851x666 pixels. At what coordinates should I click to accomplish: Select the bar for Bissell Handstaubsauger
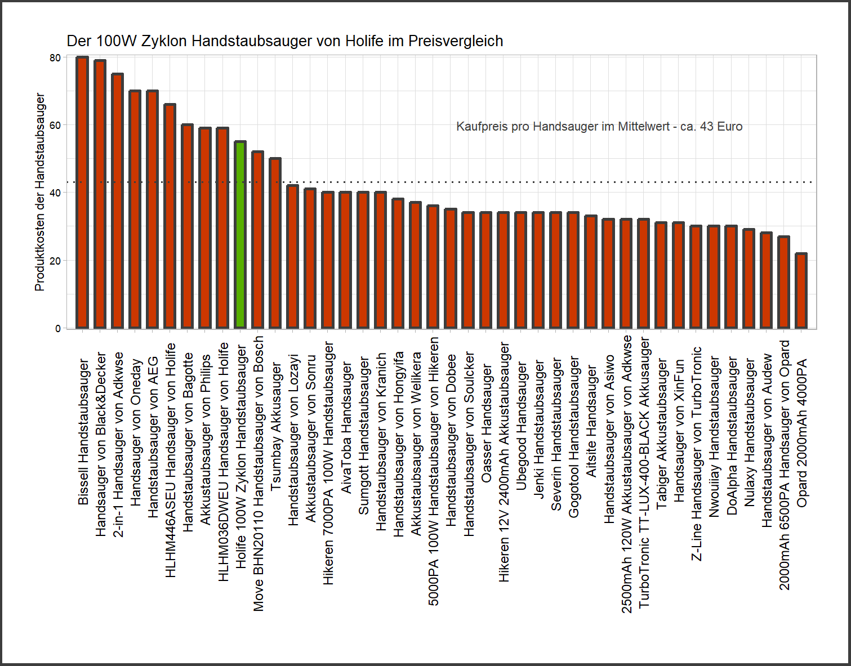[x=82, y=192]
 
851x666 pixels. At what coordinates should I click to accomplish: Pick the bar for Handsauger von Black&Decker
[x=100, y=194]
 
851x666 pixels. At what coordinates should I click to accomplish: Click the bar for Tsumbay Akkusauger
[x=275, y=243]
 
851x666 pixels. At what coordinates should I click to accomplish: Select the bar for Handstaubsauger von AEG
[x=152, y=209]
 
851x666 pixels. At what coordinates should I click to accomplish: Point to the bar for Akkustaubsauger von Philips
[x=205, y=227]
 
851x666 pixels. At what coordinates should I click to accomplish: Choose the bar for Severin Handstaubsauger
[x=556, y=270]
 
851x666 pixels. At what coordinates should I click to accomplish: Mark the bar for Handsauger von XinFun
[x=678, y=275]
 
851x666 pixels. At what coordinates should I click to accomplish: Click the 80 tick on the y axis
[x=55, y=57]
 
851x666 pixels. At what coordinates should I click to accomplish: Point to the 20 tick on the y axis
[x=55, y=261]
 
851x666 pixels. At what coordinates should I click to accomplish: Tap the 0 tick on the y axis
[x=58, y=328]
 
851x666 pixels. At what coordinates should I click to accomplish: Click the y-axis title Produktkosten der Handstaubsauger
[x=39, y=192]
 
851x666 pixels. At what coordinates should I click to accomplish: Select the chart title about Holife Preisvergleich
[x=284, y=41]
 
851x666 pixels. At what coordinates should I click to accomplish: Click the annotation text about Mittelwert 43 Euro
[x=599, y=127]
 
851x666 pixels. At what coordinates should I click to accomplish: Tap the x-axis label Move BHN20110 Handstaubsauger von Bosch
[x=258, y=473]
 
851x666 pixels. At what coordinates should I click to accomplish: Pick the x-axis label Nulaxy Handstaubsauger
[x=748, y=433]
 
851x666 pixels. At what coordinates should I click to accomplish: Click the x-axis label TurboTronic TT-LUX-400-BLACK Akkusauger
[x=644, y=473]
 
